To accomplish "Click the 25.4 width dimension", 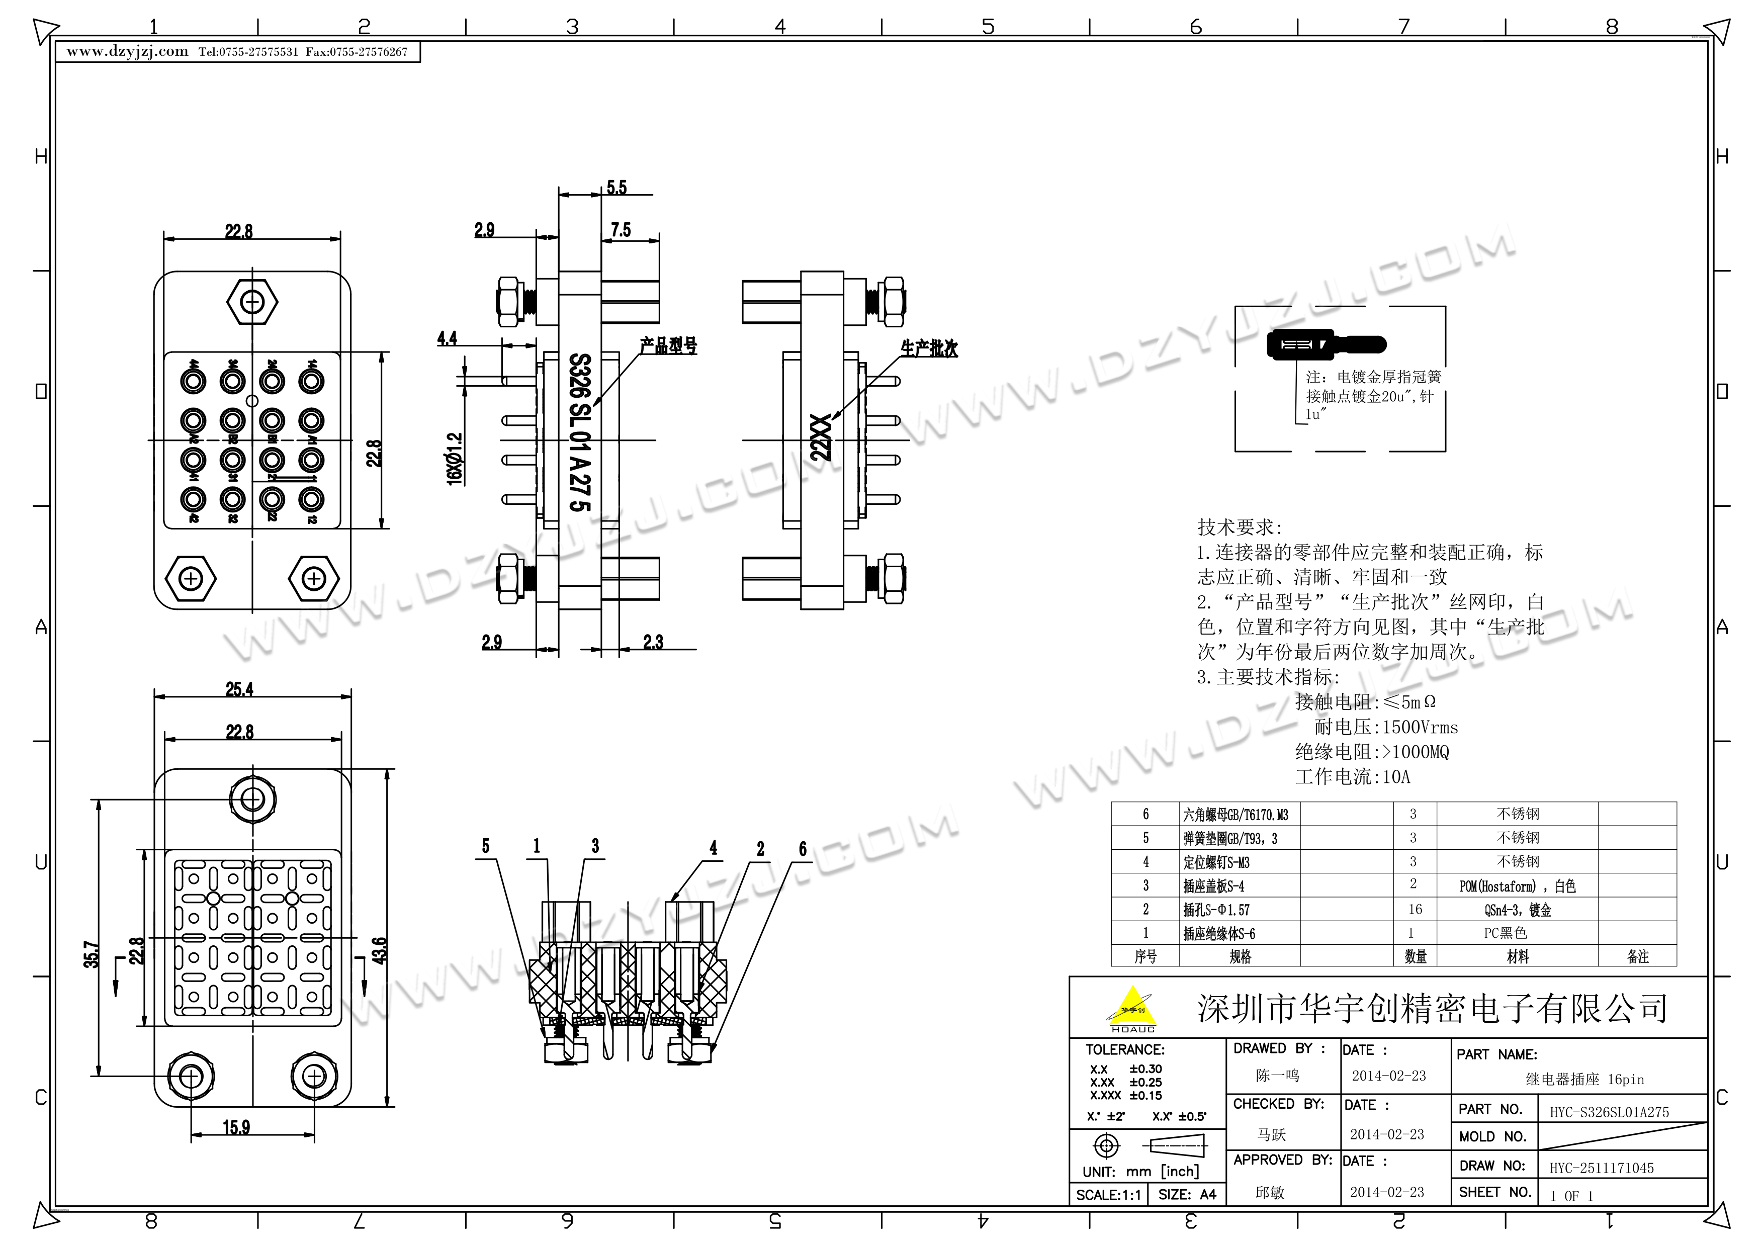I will [239, 689].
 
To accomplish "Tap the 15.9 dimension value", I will [237, 1127].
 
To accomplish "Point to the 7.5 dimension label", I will [621, 230].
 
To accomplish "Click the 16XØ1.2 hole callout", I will [455, 458].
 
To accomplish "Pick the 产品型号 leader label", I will [668, 346].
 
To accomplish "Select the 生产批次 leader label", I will [929, 349].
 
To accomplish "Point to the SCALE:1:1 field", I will [1107, 1195].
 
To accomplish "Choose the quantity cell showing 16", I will [1415, 910].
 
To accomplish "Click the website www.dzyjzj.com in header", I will [128, 51].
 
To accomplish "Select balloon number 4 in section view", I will [713, 847].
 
